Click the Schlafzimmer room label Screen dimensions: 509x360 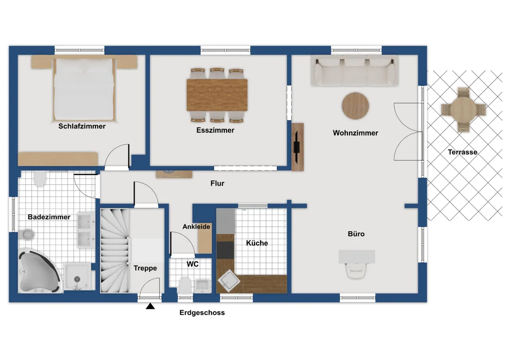82,126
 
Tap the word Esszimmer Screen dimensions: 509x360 215,130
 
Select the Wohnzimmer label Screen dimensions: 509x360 356,133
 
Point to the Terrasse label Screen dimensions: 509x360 462,152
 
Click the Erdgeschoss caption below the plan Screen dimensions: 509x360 202,313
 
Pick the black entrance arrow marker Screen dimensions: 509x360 150,306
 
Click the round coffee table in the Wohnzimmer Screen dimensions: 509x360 356,106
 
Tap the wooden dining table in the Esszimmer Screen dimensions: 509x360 217,95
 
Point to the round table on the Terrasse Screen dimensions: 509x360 464,110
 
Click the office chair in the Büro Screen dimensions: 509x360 356,270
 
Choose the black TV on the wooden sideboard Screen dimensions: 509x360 297,147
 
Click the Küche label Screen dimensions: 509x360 257,243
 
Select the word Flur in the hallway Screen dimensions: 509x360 217,183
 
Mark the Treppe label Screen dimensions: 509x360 145,268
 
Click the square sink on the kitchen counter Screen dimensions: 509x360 229,281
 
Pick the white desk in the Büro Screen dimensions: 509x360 357,257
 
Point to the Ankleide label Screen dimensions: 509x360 196,227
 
